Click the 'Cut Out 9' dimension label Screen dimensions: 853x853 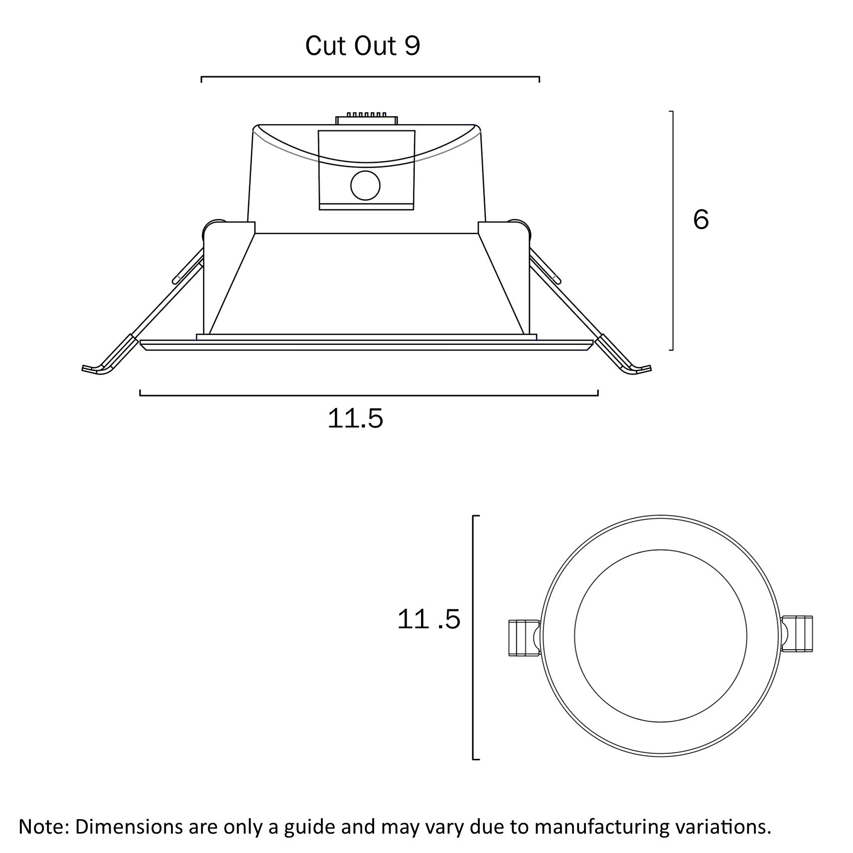pyautogui.click(x=362, y=46)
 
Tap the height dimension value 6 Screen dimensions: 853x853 pyautogui.click(x=701, y=219)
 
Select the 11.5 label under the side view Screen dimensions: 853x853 pyautogui.click(x=355, y=419)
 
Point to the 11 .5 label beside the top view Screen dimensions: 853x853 pyautogui.click(x=428, y=620)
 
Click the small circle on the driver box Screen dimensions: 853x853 pyautogui.click(x=365, y=185)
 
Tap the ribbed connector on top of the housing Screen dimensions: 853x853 pyautogui.click(x=367, y=119)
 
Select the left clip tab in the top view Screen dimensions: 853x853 pyautogui.click(x=523, y=637)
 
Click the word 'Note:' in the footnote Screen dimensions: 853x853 pyautogui.click(x=44, y=827)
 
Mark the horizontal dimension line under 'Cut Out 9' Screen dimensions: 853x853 pyautogui.click(x=370, y=77)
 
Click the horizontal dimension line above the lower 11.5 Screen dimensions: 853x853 pyautogui.click(x=369, y=395)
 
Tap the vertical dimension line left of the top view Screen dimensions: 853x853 pyautogui.click(x=472, y=637)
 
